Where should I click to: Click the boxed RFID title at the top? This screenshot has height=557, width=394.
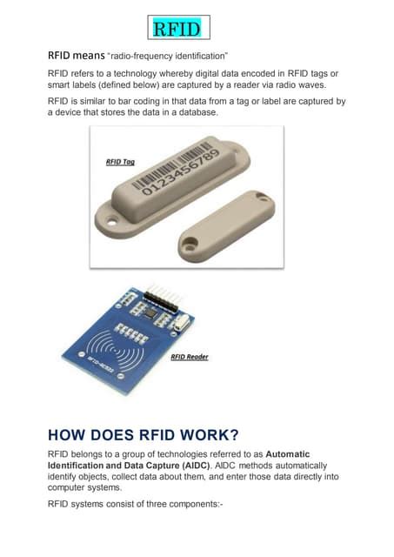point(176,30)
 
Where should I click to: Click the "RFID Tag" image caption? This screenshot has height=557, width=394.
point(121,163)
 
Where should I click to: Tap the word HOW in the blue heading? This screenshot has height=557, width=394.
point(70,433)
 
